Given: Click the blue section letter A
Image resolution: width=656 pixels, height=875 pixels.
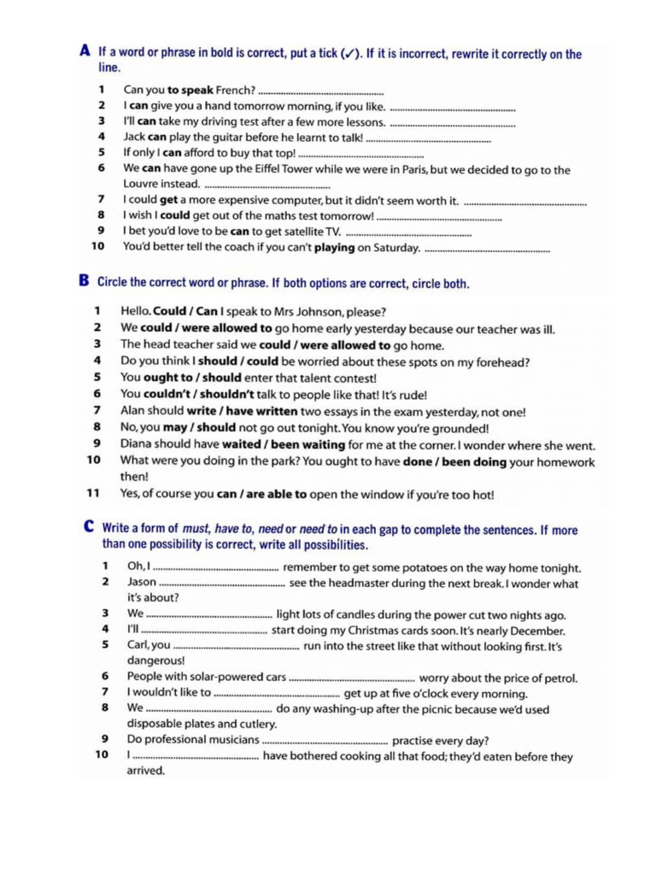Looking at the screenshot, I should tap(85, 51).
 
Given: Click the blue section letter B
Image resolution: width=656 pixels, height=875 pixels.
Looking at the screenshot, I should tap(85, 281).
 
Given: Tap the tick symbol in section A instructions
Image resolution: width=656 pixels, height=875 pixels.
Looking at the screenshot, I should tap(349, 55).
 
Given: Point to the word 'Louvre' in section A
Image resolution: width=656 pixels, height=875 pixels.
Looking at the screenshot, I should tap(143, 184).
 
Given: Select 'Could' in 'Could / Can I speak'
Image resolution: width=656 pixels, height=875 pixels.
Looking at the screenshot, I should tap(169, 311).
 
